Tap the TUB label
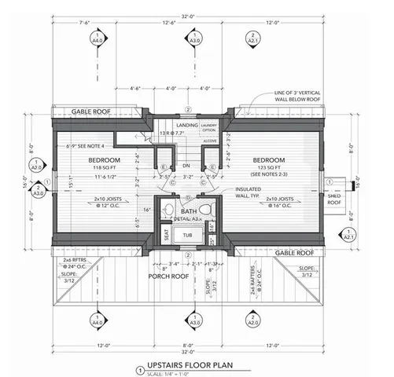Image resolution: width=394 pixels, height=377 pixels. pyautogui.click(x=187, y=235)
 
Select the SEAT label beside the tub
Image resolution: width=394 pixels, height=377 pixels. pyautogui.click(x=168, y=234)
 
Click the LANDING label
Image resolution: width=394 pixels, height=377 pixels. pyautogui.click(x=187, y=124)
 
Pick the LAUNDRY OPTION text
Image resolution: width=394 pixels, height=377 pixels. pyautogui.click(x=208, y=126)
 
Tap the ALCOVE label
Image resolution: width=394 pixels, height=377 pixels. pyautogui.click(x=208, y=141)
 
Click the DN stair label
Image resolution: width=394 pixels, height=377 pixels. pyautogui.click(x=187, y=167)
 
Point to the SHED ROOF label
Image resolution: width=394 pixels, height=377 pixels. pyautogui.click(x=336, y=198)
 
